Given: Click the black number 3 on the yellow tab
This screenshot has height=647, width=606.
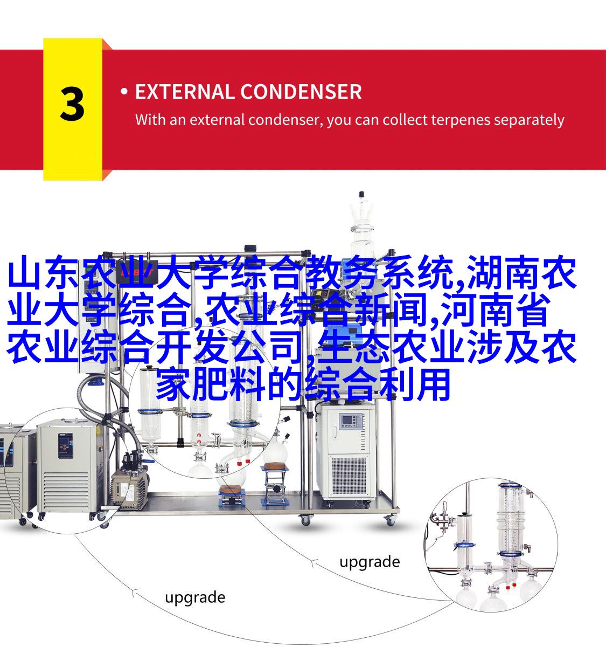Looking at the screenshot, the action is coord(72,105).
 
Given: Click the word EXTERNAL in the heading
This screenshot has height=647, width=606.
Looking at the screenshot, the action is coord(184,92).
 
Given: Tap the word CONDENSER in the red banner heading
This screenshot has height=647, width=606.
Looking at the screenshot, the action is coord(301,92).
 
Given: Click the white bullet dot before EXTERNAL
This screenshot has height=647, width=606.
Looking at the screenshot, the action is coord(124,92).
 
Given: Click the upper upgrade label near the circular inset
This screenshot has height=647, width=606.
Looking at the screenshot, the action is coord(370,562).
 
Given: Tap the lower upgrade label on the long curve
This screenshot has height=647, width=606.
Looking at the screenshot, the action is coord(195,598).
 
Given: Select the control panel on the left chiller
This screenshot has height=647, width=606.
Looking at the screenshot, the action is coord(66,446).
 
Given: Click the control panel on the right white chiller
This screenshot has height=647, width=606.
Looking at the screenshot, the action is coord(351,421).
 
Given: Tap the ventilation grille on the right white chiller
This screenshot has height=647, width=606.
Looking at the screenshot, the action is coord(349,476).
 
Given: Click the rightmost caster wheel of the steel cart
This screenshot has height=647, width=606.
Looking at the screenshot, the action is coord(391,521).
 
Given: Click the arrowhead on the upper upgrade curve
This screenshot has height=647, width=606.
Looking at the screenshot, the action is coord(314,562).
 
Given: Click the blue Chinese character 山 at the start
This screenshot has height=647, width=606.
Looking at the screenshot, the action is coord(24,273).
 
